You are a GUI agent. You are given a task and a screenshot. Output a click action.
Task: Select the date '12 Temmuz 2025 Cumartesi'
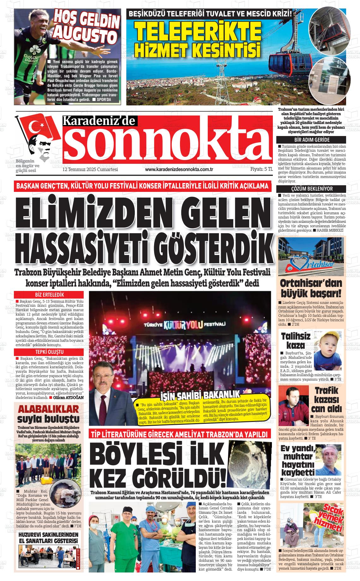pos(90,169)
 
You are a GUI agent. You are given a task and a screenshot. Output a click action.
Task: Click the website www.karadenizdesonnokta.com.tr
pos(179,169)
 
